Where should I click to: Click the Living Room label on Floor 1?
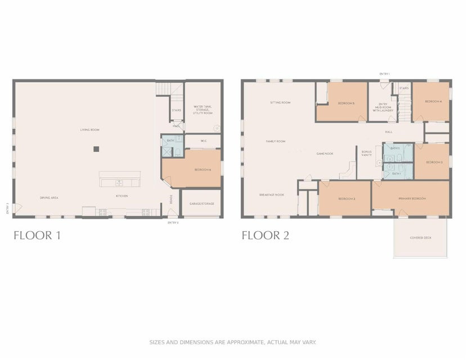coord(89,130)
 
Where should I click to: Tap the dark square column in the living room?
coord(96,149)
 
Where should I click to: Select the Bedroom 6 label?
coord(203,169)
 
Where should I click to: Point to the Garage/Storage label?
coord(201,204)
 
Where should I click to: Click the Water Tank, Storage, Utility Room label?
coord(203,110)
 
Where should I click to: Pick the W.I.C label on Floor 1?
coord(202,141)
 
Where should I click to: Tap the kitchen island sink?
coord(119,183)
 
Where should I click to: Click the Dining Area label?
coord(49,197)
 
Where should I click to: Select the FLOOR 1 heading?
coord(37,235)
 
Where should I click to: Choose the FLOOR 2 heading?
coord(265,235)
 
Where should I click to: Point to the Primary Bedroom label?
coord(412,199)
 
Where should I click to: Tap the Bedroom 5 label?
coord(346,103)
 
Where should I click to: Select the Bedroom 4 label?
coord(433,101)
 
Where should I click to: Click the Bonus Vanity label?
coord(366,153)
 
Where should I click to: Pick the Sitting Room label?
coord(280,102)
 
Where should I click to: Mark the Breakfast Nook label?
coord(271,195)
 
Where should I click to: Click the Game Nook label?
coord(325,153)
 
